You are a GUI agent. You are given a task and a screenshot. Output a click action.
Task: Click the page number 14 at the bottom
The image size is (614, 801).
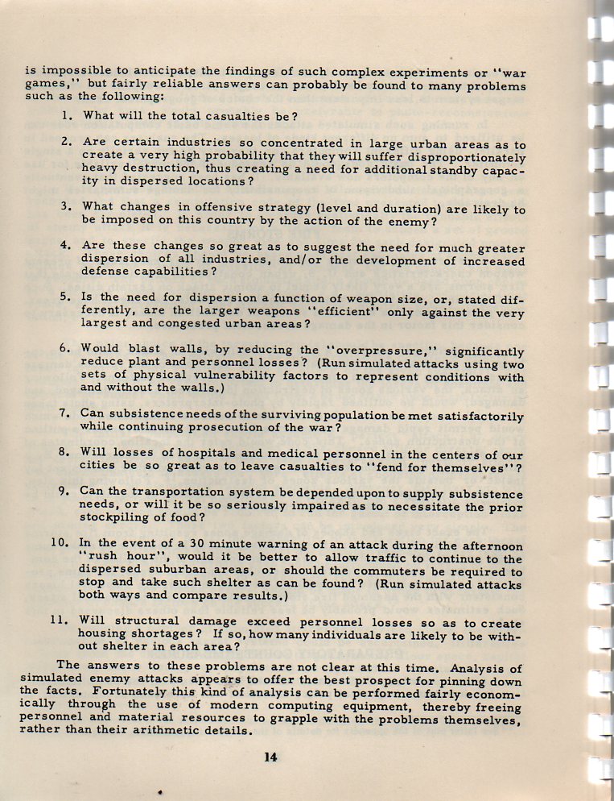tap(270, 755)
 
